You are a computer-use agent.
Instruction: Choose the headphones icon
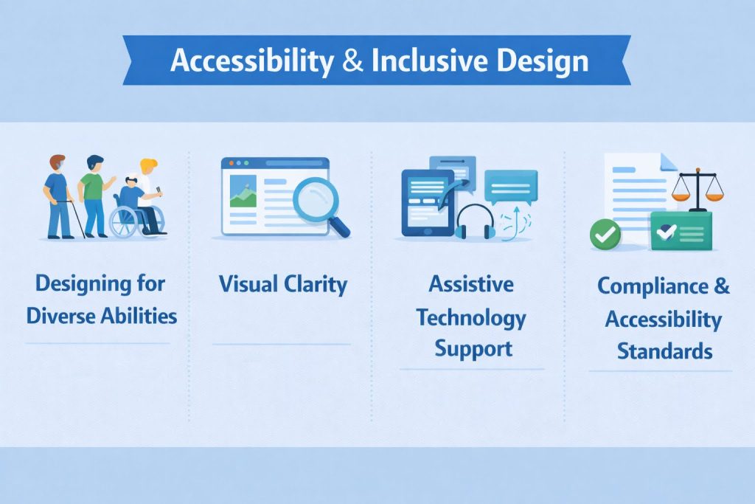tap(474, 221)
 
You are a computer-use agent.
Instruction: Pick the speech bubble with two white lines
tap(510, 184)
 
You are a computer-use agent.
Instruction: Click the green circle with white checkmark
tap(605, 234)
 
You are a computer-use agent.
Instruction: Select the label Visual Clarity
tap(283, 284)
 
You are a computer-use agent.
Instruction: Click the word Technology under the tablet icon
tap(471, 317)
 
